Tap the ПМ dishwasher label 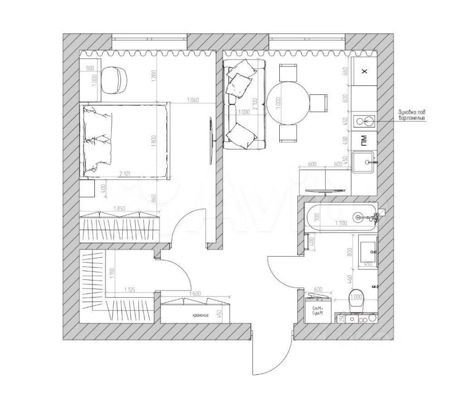tap(364, 140)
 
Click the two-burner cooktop tap(364, 121)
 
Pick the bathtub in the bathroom tap(341, 217)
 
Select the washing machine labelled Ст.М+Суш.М tap(318, 309)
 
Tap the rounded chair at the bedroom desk tap(115, 79)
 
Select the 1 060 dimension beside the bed tap(193, 100)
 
